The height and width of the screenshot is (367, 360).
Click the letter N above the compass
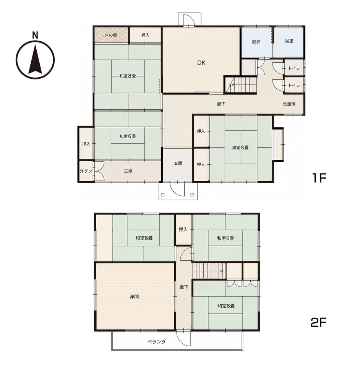tap(35, 35)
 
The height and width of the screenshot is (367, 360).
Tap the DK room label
tap(201, 63)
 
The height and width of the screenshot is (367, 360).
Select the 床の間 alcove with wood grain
tap(111, 35)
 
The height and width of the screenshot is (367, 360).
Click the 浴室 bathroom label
tap(289, 41)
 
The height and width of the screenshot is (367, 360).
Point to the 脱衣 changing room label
tap(256, 42)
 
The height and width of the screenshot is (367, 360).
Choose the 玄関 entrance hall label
tap(178, 163)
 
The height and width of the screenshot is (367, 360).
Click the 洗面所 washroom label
tap(289, 104)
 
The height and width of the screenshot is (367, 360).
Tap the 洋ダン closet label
tap(86, 171)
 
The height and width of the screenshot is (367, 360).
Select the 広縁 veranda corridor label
tap(128, 171)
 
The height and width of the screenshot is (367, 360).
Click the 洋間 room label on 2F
tap(134, 297)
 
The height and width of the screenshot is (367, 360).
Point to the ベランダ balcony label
tap(156, 342)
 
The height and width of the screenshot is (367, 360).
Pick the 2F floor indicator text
tap(318, 323)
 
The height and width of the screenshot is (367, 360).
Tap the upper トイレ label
tap(294, 68)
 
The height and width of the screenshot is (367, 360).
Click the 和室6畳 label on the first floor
tap(128, 136)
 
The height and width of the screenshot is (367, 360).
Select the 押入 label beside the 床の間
tap(145, 35)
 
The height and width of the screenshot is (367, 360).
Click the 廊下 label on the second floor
tap(184, 287)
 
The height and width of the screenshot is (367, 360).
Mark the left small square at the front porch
tap(163, 195)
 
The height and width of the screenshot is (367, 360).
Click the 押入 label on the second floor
tap(183, 230)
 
